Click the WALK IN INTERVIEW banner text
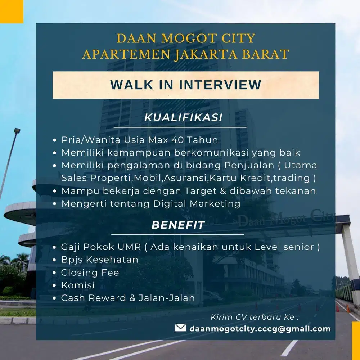pos(185,85)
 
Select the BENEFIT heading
pos(178,225)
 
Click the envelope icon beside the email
pos(180,328)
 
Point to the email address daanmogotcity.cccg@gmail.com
pos(260,328)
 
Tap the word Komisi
pos(78,285)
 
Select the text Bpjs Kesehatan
pos(100,260)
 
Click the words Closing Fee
pos(90,273)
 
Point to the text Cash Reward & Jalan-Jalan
pos(128,298)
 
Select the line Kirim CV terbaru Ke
pos(255,317)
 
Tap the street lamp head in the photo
pos(17,131)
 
